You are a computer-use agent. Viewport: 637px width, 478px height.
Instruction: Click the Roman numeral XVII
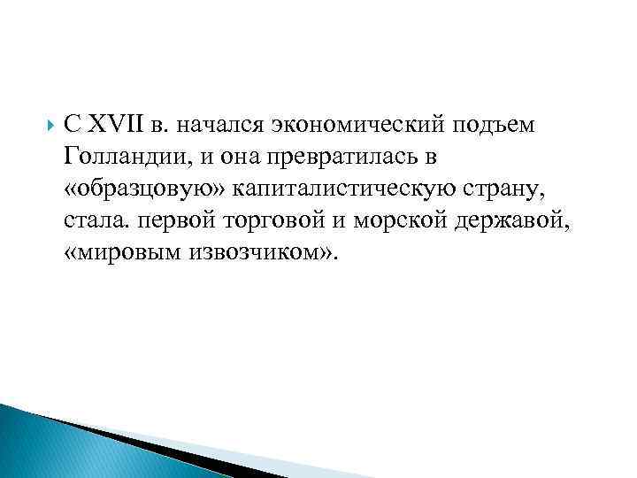[x=116, y=125]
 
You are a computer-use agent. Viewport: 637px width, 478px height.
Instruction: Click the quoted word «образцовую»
[x=145, y=189]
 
